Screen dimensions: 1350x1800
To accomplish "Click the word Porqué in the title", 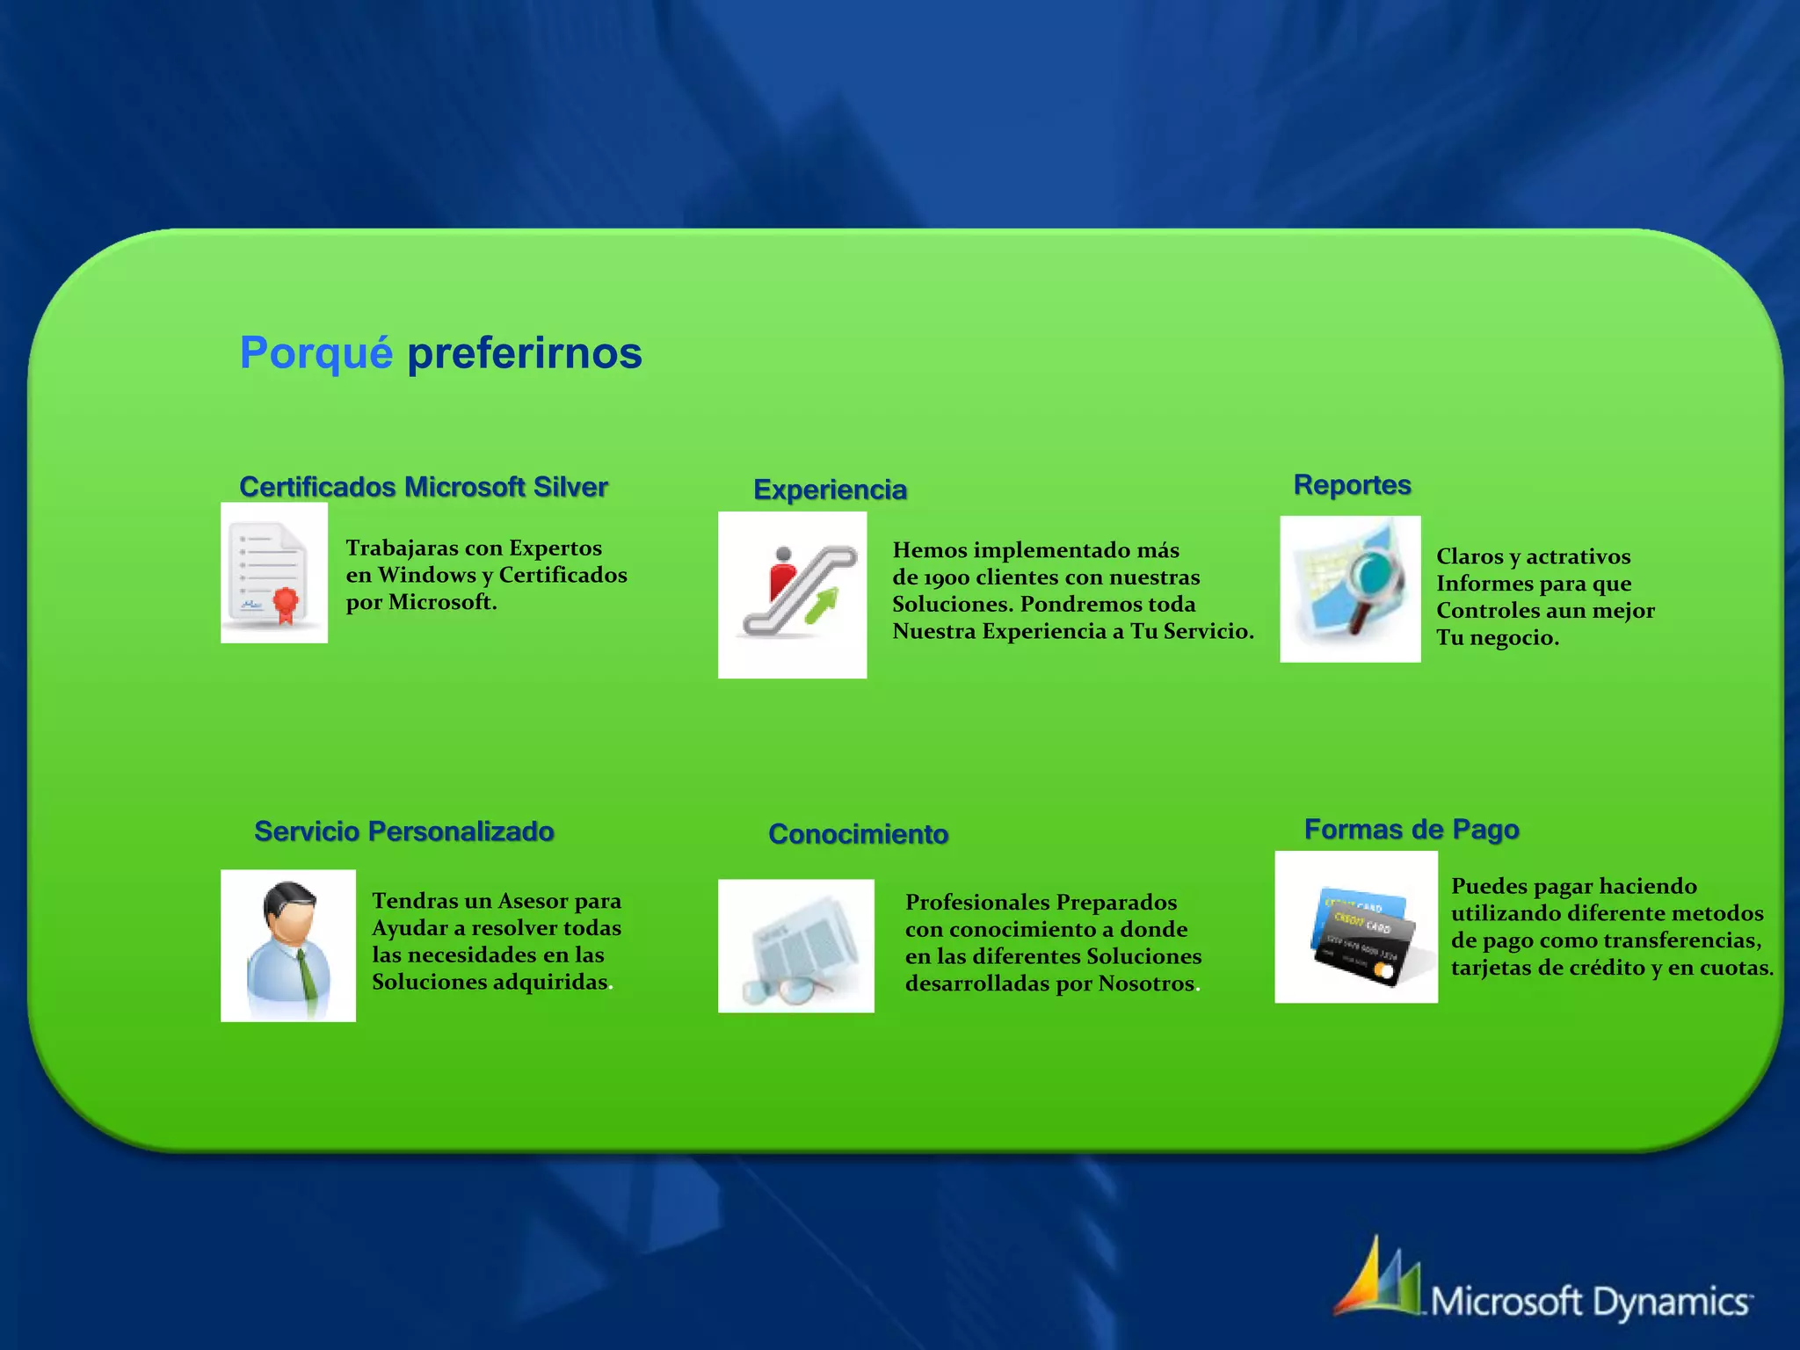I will click(x=316, y=353).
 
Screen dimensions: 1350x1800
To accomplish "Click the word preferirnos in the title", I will click(x=525, y=353).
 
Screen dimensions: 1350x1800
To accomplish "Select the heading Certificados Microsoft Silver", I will click(x=423, y=487).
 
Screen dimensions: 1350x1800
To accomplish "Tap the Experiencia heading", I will click(x=830, y=490).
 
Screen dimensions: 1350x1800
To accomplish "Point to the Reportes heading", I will click(x=1352, y=484).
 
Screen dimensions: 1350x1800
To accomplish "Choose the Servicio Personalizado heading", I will click(x=403, y=831).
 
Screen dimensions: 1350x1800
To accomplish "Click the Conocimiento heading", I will click(x=858, y=834).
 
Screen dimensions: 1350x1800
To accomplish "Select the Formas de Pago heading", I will click(x=1411, y=829).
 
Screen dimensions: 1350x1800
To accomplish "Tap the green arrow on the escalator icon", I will click(x=823, y=606).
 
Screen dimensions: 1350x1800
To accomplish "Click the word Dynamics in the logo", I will click(x=1670, y=1302).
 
